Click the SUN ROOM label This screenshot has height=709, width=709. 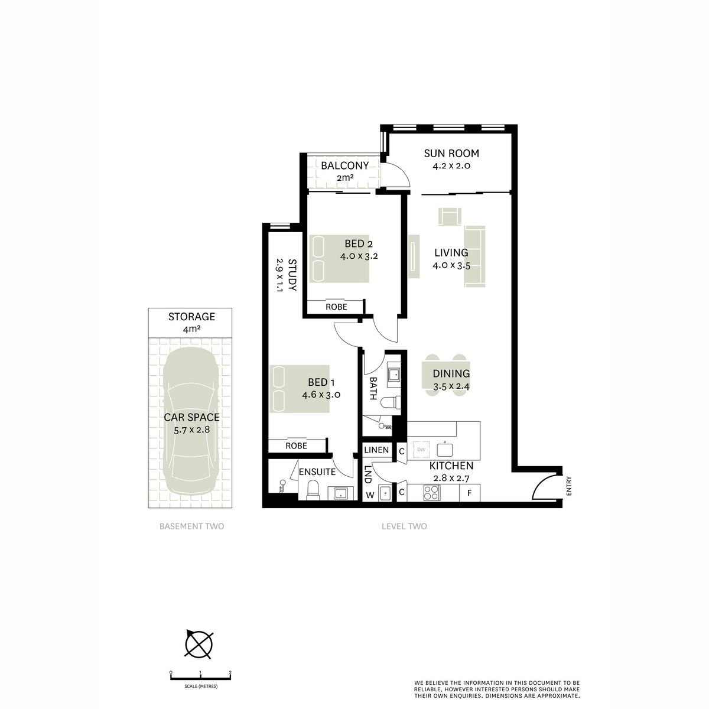(x=451, y=154)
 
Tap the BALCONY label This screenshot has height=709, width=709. (x=344, y=166)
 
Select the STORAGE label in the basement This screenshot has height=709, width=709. (x=191, y=317)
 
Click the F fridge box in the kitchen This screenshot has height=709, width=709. (x=470, y=493)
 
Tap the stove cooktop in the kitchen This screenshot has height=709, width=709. (x=431, y=493)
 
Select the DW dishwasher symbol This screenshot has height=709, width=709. (x=421, y=450)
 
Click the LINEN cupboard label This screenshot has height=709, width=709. (x=376, y=450)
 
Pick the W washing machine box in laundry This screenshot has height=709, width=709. (x=370, y=495)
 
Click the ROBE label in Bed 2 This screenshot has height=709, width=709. (x=336, y=307)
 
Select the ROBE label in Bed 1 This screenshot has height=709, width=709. (x=296, y=446)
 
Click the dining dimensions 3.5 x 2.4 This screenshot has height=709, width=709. (x=451, y=386)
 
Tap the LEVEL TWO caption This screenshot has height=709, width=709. (x=404, y=526)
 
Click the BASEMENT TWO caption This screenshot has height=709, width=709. (x=191, y=526)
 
